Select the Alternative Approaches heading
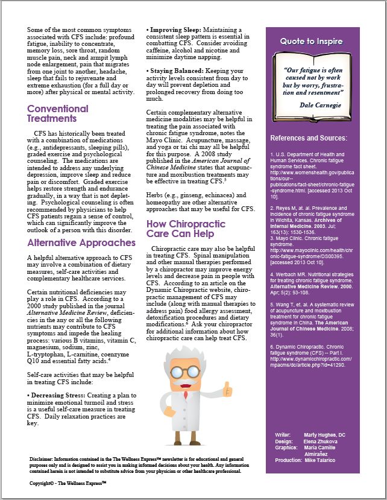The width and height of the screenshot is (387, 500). (x=81, y=242)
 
